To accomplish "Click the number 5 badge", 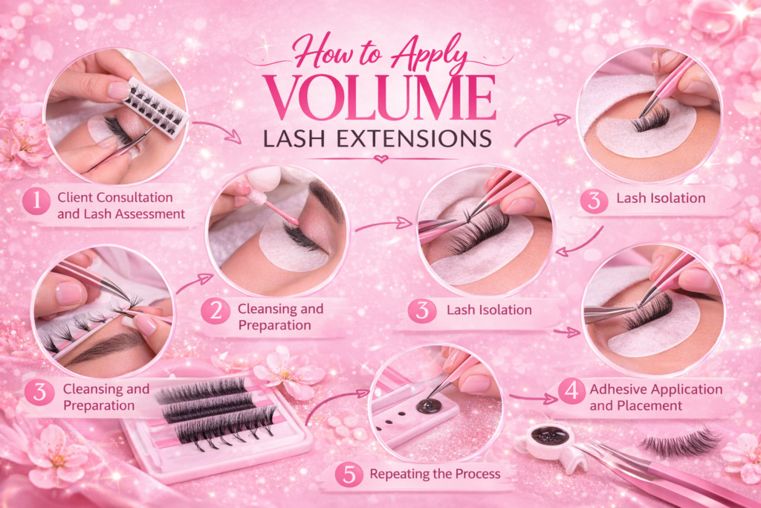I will [x=349, y=474].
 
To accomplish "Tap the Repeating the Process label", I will [x=435, y=474].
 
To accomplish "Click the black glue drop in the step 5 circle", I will [x=427, y=406].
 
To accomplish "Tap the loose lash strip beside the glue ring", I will [x=679, y=441].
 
